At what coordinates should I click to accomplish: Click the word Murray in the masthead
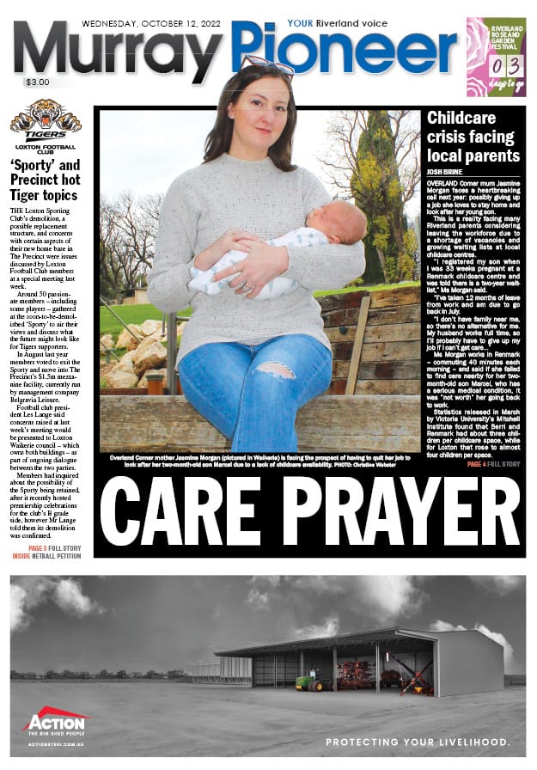[x=120, y=53]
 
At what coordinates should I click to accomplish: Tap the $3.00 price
[x=37, y=82]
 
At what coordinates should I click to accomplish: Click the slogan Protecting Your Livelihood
[x=418, y=742]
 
